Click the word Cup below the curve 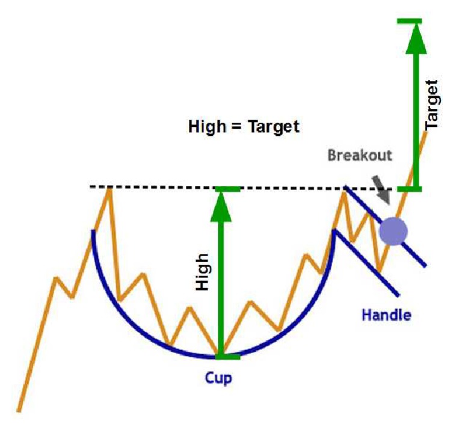[218, 378]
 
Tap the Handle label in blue [386, 314]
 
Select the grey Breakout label [360, 155]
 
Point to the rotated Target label [432, 105]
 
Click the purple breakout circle [393, 231]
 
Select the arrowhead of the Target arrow [414, 39]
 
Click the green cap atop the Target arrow [414, 22]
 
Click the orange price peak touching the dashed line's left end [109, 189]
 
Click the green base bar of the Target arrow [414, 189]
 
